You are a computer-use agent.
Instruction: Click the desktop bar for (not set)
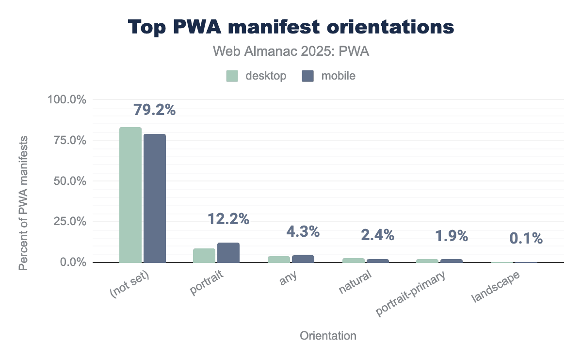[130, 195]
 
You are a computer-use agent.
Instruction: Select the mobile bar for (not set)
[154, 198]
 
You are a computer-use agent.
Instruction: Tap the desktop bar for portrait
[204, 255]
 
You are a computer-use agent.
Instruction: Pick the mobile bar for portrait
[228, 252]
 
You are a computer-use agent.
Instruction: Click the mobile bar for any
[303, 259]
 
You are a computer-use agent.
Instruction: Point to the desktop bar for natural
[353, 260]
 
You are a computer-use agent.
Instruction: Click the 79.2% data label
[154, 110]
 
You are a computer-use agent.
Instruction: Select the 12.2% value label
[228, 219]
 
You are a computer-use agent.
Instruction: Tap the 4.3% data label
[303, 231]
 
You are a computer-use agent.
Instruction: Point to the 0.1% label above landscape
[526, 238]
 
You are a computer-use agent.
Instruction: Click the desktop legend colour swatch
[232, 76]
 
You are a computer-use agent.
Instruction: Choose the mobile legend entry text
[338, 76]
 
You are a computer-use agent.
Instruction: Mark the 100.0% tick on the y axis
[67, 99]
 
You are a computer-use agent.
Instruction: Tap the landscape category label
[497, 287]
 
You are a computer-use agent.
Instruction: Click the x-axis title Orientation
[328, 336]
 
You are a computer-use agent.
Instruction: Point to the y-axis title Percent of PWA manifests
[23, 203]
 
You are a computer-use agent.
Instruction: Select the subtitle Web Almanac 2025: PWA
[291, 52]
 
